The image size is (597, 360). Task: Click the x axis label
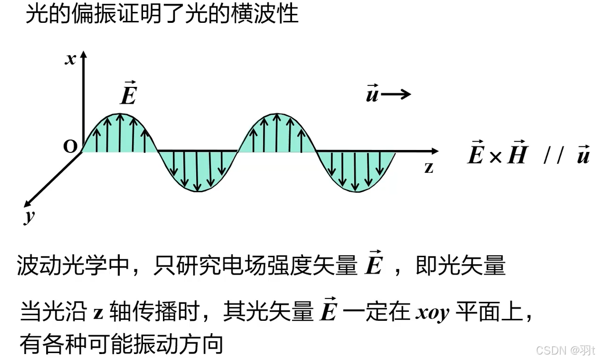(x=71, y=60)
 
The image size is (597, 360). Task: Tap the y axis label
(x=30, y=217)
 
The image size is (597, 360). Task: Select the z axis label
(x=429, y=167)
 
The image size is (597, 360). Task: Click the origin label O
(x=71, y=147)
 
